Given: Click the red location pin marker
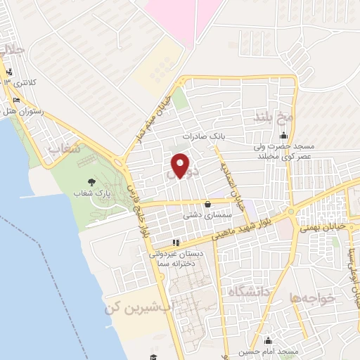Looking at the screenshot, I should coord(181,165).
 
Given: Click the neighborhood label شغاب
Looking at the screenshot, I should coord(64,149).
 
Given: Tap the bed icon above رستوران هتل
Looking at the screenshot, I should coord(16,100).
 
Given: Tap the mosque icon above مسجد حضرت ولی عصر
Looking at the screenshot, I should coord(284,136).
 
